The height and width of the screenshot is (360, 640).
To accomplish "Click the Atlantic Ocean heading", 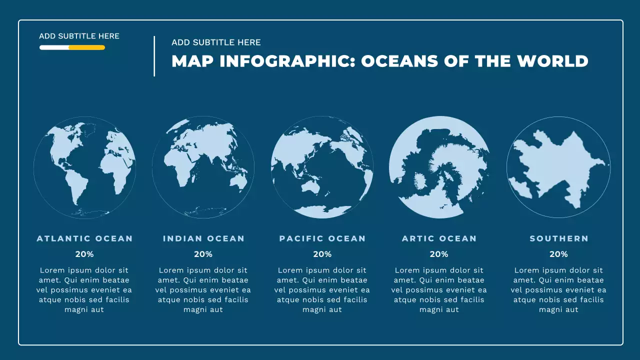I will pyautogui.click(x=84, y=238).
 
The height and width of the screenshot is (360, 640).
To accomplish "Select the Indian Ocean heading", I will pyautogui.click(x=203, y=238).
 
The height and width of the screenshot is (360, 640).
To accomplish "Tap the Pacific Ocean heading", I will pyautogui.click(x=322, y=238).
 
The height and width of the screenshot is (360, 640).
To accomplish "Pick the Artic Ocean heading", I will pyautogui.click(x=439, y=238).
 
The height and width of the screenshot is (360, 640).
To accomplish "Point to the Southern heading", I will pyautogui.click(x=559, y=238).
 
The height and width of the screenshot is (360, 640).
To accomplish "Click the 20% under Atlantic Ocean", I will pyautogui.click(x=84, y=254).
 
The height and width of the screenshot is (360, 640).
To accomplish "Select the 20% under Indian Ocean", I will pyautogui.click(x=203, y=254).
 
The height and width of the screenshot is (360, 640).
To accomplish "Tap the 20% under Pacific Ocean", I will pyautogui.click(x=322, y=254).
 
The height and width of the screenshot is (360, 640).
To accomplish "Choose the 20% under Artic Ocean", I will pyautogui.click(x=439, y=254).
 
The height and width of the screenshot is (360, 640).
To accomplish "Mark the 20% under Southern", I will pyautogui.click(x=558, y=254).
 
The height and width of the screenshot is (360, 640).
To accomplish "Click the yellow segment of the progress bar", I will pyautogui.click(x=87, y=47).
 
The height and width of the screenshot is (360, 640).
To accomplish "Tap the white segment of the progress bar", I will pyautogui.click(x=54, y=47).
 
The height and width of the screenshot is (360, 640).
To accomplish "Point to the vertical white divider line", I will pyautogui.click(x=154, y=56).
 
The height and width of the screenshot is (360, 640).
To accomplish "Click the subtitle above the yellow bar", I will pyautogui.click(x=79, y=36).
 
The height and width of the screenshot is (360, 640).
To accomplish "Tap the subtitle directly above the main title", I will pyautogui.click(x=216, y=42).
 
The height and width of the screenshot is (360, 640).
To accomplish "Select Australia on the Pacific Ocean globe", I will pyautogui.click(x=310, y=186).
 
